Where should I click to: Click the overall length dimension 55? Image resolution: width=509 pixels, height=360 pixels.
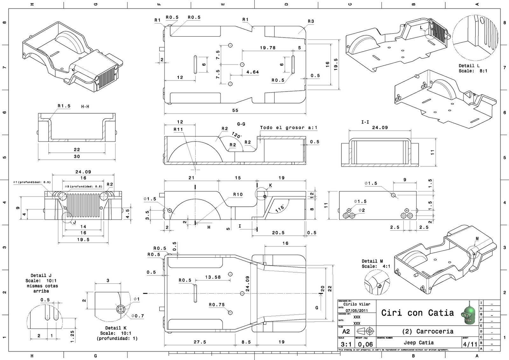pos(235,110)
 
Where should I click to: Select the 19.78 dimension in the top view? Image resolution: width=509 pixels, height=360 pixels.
pos(268,48)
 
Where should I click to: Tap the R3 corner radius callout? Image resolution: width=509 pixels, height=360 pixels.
pos(311,21)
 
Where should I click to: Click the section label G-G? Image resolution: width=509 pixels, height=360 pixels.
pos(241,124)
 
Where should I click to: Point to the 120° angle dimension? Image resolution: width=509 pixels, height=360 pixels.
pos(237,135)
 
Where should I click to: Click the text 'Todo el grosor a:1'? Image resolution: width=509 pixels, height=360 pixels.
pos(289,128)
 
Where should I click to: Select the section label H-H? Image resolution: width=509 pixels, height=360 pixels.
pos(85,107)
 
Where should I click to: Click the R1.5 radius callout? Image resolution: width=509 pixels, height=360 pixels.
pos(64,106)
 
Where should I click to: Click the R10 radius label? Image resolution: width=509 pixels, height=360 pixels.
pos(238,194)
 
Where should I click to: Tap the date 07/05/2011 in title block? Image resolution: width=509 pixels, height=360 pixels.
pos(357,311)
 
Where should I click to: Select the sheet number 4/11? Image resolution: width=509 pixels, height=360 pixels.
pos(471,344)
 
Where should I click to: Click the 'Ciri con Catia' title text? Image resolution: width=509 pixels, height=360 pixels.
pos(417,313)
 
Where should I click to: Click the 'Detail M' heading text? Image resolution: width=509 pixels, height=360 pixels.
pos(372,261)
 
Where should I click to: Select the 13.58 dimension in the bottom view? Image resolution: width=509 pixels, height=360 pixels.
pos(213,277)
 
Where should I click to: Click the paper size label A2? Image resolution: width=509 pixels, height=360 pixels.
pos(346,331)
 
